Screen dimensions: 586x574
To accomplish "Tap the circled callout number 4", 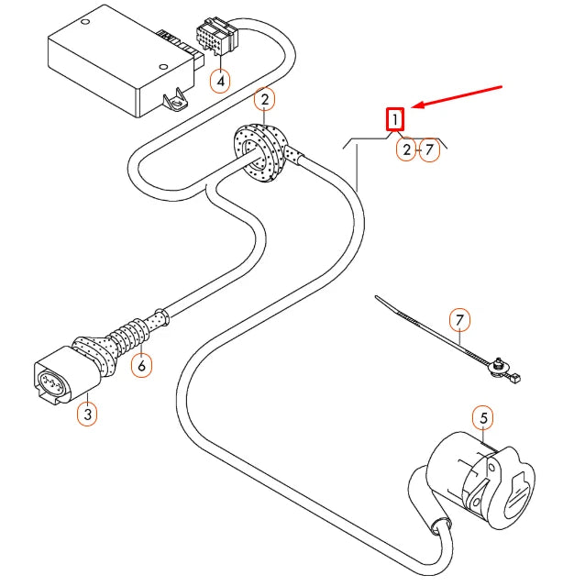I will (219, 82).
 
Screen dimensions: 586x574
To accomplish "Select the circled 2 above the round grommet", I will (263, 99).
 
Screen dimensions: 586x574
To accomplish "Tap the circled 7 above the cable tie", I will (460, 320).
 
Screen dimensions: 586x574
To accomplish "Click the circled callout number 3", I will (86, 414).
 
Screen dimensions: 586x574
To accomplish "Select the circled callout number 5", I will (484, 419).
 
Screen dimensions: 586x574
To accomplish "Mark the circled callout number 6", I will (140, 365).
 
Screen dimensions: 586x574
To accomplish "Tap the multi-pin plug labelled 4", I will (216, 41).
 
